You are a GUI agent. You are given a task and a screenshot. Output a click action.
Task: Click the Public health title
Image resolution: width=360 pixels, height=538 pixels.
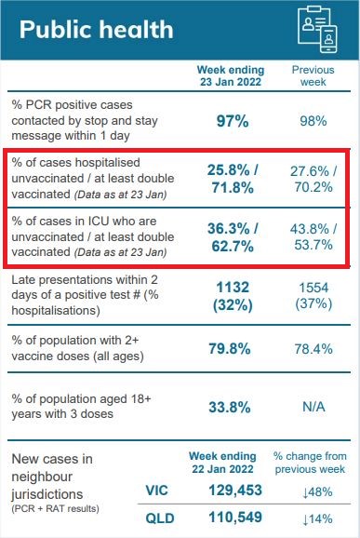tap(97, 30)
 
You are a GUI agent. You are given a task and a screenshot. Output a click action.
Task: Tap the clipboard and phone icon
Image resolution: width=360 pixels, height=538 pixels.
tap(317, 29)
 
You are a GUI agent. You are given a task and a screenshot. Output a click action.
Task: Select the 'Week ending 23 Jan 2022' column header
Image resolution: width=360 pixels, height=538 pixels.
tap(231, 75)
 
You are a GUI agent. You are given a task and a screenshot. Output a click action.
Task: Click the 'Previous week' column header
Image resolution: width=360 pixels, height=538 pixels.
tap(313, 75)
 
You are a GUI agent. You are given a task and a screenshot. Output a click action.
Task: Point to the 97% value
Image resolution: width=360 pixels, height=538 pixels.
tap(233, 121)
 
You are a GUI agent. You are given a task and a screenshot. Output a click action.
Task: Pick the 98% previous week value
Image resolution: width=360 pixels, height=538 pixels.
tap(313, 121)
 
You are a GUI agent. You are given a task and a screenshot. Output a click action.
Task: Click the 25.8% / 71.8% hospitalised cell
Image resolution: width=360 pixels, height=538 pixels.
tap(233, 179)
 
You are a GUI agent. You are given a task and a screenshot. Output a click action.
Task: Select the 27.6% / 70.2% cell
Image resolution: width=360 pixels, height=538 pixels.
tap(313, 179)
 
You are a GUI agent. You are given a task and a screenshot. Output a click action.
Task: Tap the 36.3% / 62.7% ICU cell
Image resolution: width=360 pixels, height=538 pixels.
tap(233, 237)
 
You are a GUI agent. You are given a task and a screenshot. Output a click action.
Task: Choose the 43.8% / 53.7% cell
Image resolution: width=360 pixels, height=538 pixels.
tap(313, 236)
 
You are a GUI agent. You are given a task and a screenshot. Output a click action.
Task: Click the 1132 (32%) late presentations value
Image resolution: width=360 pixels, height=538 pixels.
tap(233, 296)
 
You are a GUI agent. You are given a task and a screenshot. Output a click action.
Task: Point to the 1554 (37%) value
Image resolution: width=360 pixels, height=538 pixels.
tap(313, 296)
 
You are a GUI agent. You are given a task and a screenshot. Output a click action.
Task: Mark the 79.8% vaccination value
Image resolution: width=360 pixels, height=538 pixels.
tap(230, 349)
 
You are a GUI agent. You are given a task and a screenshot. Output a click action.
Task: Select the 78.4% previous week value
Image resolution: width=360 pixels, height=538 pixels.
tap(313, 349)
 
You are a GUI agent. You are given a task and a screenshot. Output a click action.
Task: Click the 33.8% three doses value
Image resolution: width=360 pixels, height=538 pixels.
tap(230, 408)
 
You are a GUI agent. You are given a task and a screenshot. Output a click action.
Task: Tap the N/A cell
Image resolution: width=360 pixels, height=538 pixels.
tap(313, 407)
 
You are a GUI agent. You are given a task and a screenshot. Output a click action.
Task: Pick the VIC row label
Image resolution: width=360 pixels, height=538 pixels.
tap(156, 491)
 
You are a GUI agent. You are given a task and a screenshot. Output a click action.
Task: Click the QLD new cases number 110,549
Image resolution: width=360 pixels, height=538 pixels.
tap(235, 518)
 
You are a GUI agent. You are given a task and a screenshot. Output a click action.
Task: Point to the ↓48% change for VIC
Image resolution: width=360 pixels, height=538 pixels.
tap(317, 492)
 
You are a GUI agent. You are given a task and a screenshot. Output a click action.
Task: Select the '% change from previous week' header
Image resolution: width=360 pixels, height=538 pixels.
tap(310, 463)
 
